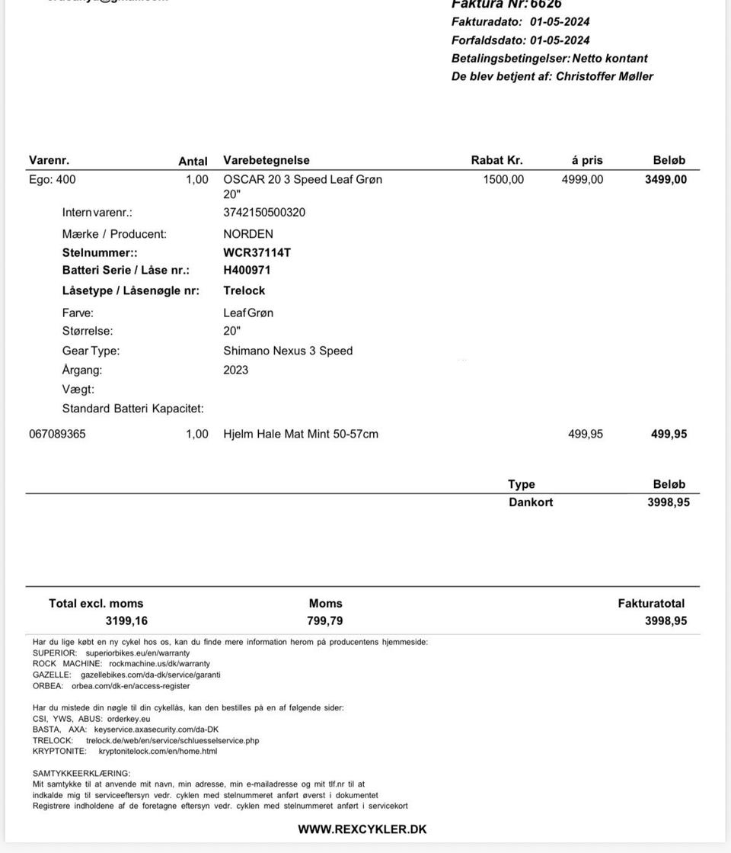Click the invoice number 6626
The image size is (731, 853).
point(546,4)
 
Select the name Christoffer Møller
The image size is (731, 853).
point(604,76)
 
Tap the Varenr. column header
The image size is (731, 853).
point(49,160)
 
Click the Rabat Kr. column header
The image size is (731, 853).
point(496,160)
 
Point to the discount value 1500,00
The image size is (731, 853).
point(503,180)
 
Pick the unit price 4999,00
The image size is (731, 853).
point(582,180)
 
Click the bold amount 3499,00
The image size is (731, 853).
point(666,180)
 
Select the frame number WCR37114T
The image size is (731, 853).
point(257,252)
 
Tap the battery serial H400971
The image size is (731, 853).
point(247,270)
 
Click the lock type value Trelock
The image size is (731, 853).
point(244,290)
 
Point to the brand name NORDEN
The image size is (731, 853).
point(247,234)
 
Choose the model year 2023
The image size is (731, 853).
point(235,370)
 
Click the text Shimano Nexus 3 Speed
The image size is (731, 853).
point(288,351)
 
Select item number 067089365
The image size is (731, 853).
point(57,434)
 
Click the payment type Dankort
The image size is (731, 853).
point(531,502)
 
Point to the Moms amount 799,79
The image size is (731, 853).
point(325,621)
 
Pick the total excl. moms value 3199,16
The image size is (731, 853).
point(126,621)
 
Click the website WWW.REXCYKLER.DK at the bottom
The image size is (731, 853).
point(362,829)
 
